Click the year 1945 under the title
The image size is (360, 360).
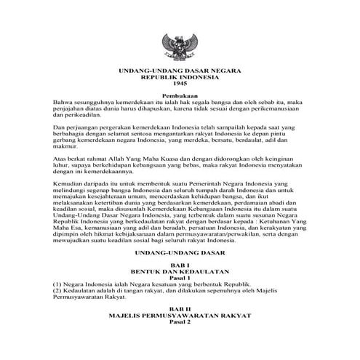click(179, 86)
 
